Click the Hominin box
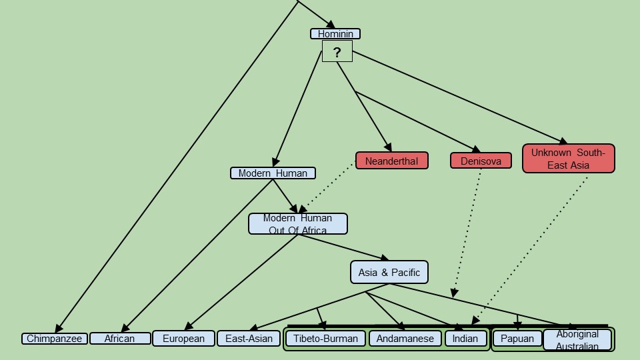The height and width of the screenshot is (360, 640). (x=335, y=34)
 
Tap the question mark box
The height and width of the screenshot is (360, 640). (x=337, y=51)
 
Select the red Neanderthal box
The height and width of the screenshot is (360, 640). (x=391, y=161)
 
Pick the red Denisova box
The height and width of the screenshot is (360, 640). (x=481, y=161)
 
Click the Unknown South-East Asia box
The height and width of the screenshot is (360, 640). (x=568, y=159)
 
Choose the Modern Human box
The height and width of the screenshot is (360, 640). (x=273, y=173)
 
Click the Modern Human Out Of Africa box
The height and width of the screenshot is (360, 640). (x=298, y=224)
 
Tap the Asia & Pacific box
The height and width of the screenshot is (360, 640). (x=389, y=272)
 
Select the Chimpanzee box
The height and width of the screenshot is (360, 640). (x=55, y=339)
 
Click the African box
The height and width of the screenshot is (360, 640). (x=120, y=339)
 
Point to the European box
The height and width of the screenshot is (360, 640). (x=184, y=339)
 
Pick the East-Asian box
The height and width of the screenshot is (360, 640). (x=249, y=339)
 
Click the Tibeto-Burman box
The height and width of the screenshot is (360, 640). (x=326, y=339)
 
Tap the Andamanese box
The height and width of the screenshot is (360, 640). (x=405, y=339)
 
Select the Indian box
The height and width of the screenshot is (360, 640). (x=465, y=339)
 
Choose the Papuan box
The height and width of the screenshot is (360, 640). (x=517, y=339)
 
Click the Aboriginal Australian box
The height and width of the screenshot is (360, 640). (x=577, y=339)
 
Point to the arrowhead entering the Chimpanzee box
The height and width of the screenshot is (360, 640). (x=58, y=329)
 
